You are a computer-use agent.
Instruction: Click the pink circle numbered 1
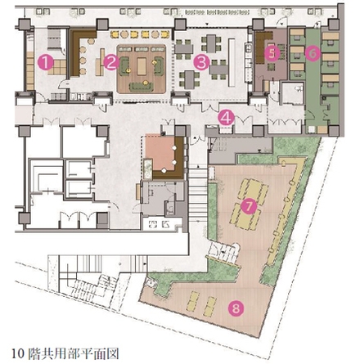pos(46,62)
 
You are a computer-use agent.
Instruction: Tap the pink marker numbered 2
pos(111,62)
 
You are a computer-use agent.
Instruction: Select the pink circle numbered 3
pos(201,62)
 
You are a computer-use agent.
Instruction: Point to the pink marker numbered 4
pos(227,118)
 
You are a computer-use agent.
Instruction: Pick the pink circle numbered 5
pos(272,53)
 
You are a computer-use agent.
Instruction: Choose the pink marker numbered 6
pos(313,53)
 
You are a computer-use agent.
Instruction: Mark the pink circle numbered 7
pos(249,207)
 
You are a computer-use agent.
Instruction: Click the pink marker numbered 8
pos(236,308)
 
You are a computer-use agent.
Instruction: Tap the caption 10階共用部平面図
pos(65,353)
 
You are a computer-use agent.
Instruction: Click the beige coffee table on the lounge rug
pos(142,65)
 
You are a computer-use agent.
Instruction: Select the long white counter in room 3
pos(232,62)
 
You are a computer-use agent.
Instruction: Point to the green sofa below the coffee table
pos(141,86)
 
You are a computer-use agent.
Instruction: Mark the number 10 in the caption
pos(18,353)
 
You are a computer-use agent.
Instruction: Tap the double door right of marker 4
pos(244,120)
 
